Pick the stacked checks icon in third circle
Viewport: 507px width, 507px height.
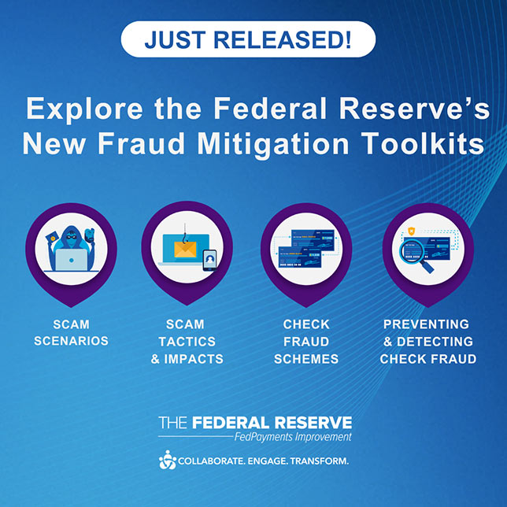[x=306, y=247]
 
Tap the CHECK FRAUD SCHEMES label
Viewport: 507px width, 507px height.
[x=306, y=341]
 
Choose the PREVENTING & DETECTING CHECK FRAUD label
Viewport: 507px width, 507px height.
[x=426, y=341]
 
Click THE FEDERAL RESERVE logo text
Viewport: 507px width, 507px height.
[x=254, y=422]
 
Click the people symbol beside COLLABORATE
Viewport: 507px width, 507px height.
[x=168, y=460]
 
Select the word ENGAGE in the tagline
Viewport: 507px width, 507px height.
[x=267, y=461]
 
